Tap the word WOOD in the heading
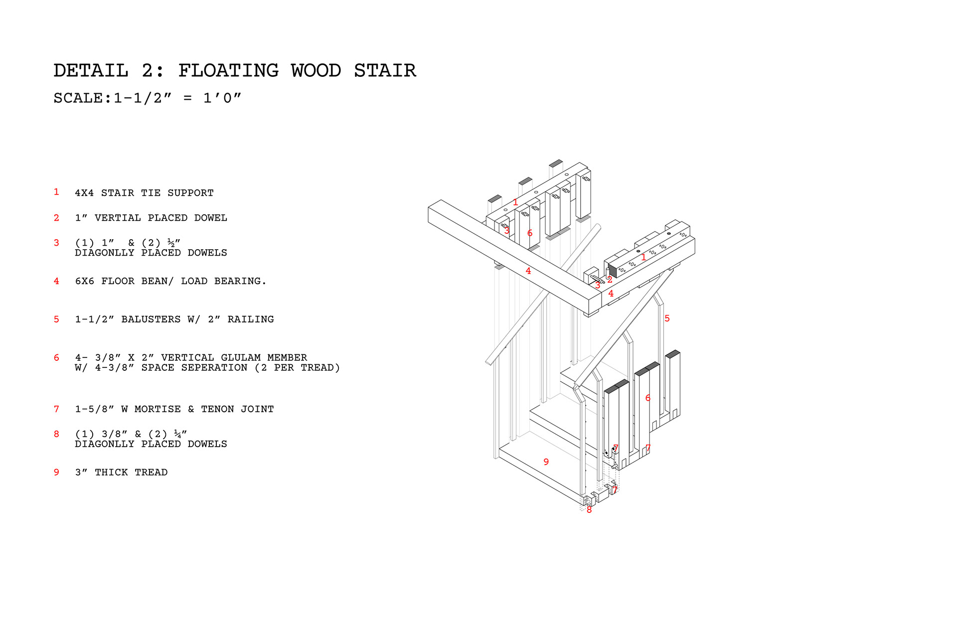(316, 71)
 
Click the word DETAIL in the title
(91, 71)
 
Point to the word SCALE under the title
(78, 98)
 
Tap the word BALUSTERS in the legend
(151, 319)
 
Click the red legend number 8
(56, 434)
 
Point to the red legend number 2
(56, 218)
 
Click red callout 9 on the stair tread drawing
(546, 462)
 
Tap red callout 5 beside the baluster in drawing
(667, 319)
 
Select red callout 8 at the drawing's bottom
(589, 510)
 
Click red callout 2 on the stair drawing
(610, 280)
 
